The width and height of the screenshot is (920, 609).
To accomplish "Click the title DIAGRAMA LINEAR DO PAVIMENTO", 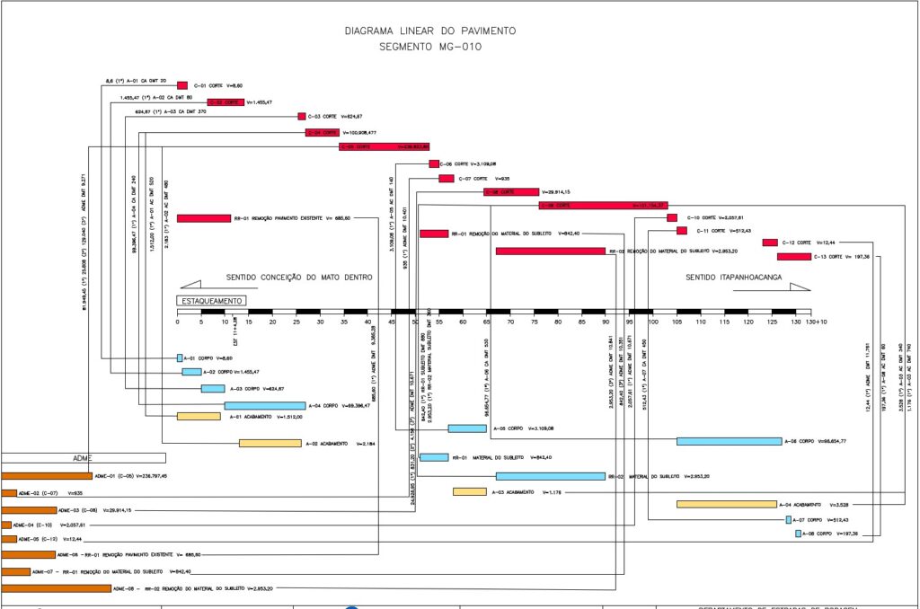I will click(x=430, y=31).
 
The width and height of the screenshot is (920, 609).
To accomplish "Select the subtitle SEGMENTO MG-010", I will click(x=430, y=47).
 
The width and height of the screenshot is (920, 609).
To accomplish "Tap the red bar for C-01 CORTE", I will click(x=182, y=85).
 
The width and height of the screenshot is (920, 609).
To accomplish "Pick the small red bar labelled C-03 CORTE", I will click(x=302, y=116).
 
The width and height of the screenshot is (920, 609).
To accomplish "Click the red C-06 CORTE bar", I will click(x=434, y=163).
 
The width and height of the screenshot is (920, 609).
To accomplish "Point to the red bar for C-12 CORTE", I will click(x=770, y=243).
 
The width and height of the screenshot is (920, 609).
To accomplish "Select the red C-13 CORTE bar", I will click(x=798, y=257).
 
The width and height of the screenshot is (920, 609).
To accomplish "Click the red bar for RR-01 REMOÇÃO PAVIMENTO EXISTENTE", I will click(x=204, y=218).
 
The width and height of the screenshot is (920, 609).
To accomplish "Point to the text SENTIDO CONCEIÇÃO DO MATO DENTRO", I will click(x=299, y=278).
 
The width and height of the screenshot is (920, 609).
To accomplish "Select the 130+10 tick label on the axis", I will click(x=817, y=322).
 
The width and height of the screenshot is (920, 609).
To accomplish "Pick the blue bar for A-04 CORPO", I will click(x=265, y=406).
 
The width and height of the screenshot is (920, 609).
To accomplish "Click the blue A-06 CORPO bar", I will click(x=729, y=441).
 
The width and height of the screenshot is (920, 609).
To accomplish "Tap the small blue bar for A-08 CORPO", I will click(x=798, y=534).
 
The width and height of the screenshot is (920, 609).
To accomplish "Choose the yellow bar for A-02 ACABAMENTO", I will click(x=270, y=443).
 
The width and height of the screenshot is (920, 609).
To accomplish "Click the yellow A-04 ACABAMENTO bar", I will click(x=726, y=504).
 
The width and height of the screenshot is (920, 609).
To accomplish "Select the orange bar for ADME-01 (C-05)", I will click(x=47, y=475).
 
